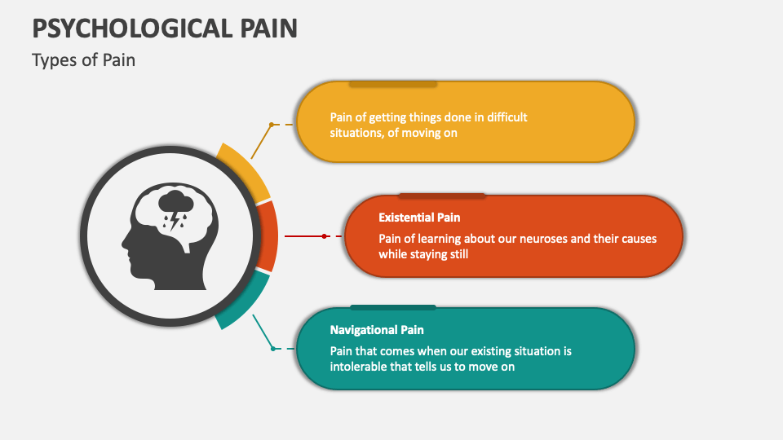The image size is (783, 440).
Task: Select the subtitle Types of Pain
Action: (x=83, y=60)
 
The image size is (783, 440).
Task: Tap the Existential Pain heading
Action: (x=419, y=218)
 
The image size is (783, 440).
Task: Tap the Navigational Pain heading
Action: (x=377, y=330)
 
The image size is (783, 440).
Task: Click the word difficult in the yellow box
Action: (x=502, y=117)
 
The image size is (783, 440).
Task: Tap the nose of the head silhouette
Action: (x=124, y=242)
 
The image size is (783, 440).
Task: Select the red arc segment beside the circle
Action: (x=267, y=235)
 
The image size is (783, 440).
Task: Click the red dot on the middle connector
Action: (x=325, y=235)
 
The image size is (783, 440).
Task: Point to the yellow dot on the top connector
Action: (x=271, y=125)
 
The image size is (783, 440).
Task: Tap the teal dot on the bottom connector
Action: (x=272, y=348)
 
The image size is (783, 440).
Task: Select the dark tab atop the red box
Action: (x=441, y=196)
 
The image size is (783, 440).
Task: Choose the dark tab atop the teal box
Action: (x=392, y=308)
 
